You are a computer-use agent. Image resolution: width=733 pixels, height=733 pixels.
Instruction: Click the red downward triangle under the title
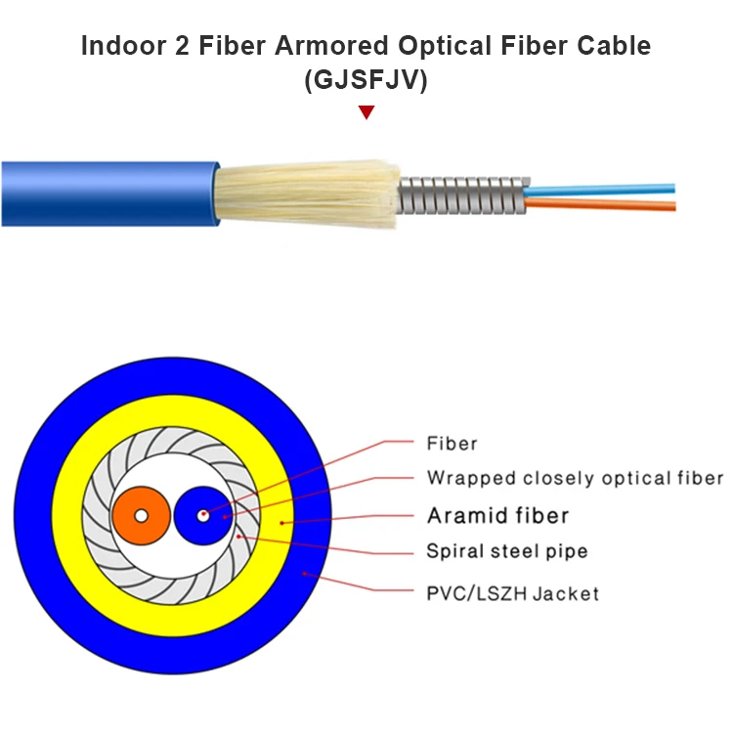coord(366,112)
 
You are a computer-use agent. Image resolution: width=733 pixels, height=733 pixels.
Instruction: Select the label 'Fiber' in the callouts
coord(452,444)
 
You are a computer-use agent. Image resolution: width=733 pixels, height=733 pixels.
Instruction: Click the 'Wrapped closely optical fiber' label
coord(575,478)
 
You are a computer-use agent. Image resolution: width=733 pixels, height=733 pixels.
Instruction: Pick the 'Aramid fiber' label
coord(497,515)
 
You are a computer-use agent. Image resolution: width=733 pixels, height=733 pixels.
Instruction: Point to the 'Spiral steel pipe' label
coord(506,551)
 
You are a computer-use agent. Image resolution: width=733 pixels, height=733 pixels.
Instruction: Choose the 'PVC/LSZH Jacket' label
coord(512,593)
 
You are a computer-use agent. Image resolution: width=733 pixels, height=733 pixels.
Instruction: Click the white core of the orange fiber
coord(141,515)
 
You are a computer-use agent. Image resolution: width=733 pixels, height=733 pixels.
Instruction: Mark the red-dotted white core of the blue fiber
coord(203,514)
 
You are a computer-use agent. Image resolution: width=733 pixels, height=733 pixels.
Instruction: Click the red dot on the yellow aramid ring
coord(282,523)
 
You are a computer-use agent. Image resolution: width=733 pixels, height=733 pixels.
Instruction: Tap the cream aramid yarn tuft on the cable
coord(303,194)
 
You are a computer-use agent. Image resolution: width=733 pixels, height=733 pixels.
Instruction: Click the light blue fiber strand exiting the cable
coord(606,186)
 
